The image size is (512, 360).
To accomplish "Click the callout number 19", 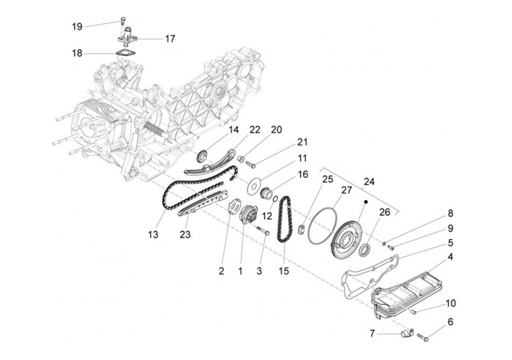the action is click(77, 26).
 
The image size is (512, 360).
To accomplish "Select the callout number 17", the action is click(170, 39).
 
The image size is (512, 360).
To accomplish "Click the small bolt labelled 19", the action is click(123, 20).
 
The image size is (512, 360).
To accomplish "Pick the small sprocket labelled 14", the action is click(203, 156).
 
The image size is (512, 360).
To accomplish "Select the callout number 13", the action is click(153, 234).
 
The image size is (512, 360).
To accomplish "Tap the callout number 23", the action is click(185, 234).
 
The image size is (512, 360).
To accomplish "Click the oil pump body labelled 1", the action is click(249, 215).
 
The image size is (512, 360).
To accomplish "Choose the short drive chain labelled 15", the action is click(284, 219).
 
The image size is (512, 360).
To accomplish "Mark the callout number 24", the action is click(369, 181).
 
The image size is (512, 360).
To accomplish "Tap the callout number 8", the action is click(450, 213).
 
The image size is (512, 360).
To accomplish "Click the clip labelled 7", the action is click(407, 334).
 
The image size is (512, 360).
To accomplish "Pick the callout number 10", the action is click(450, 303).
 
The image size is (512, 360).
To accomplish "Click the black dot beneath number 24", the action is click(366, 202).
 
